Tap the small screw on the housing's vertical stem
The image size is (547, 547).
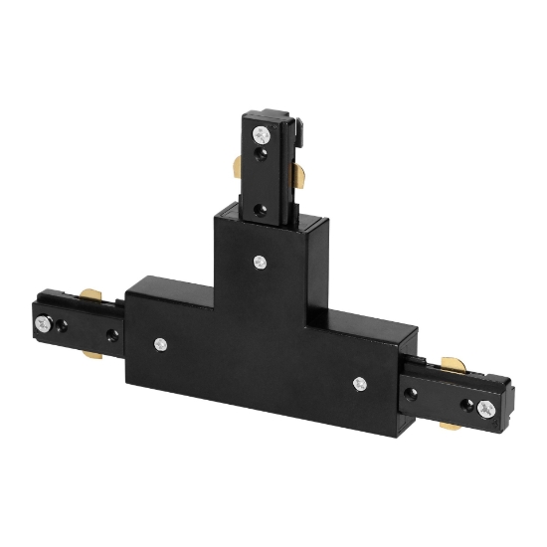[260, 263]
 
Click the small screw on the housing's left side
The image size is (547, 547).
[160, 344]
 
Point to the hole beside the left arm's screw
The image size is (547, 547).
[63, 324]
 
